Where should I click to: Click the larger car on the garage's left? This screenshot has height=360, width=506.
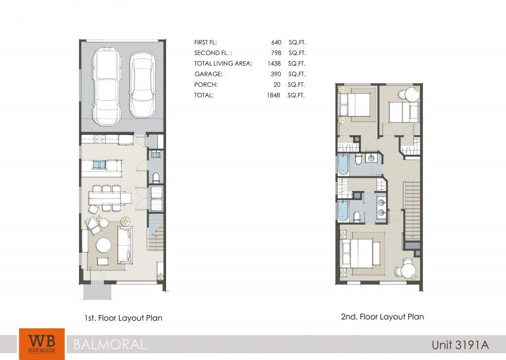tap(107, 87)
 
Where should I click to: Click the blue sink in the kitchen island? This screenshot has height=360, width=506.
tap(99, 165)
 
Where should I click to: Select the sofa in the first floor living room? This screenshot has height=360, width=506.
tap(125, 245)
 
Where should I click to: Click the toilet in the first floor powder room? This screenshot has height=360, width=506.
tap(156, 177)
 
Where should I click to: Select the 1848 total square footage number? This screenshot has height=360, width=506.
tap(274, 95)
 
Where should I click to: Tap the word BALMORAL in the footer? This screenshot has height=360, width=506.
tap(109, 345)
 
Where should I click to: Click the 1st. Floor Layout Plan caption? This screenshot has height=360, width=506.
tap(123, 318)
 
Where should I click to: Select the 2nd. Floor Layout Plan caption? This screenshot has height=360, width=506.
tap(382, 317)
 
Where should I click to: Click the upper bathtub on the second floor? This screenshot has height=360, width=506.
tap(343, 164)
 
